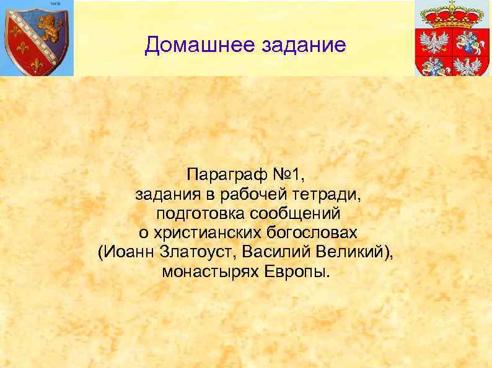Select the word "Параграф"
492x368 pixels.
(221, 175)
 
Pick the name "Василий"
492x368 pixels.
(276, 252)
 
